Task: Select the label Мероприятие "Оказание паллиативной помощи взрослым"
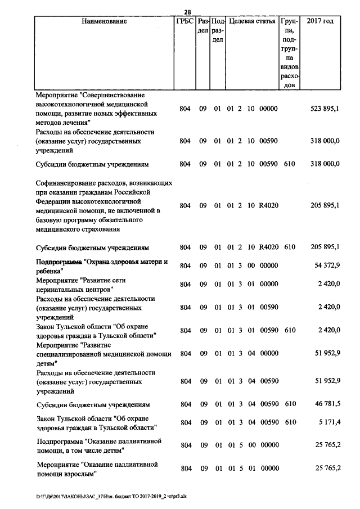pyautogui.click(x=96, y=469)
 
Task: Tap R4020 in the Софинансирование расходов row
pyautogui.click(x=268, y=206)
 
